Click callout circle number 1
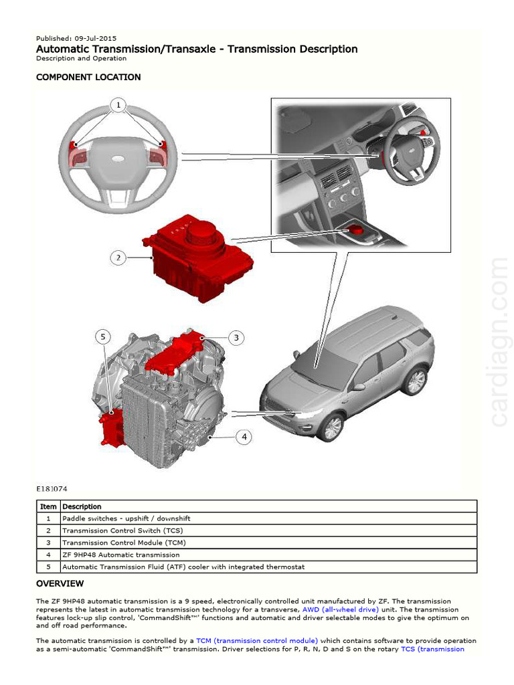click(x=118, y=105)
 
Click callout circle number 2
click(x=118, y=258)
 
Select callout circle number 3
click(x=236, y=338)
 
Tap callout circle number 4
click(x=244, y=437)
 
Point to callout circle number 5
click(x=103, y=336)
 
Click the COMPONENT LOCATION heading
click(x=88, y=77)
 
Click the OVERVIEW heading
click(x=60, y=583)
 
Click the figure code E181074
click(x=52, y=489)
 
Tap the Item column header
click(x=48, y=506)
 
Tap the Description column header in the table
click(x=82, y=506)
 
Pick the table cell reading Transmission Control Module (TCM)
click(x=124, y=543)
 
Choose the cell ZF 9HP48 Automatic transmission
click(x=121, y=555)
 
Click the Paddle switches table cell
click(x=126, y=518)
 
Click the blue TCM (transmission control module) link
click(x=257, y=641)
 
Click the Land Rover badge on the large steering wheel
click(x=118, y=159)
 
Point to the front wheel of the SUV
click(x=331, y=427)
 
